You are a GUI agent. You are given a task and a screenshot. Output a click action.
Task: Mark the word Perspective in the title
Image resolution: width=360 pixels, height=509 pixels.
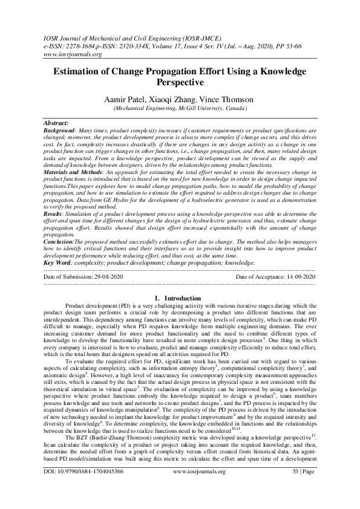click(180, 82)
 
